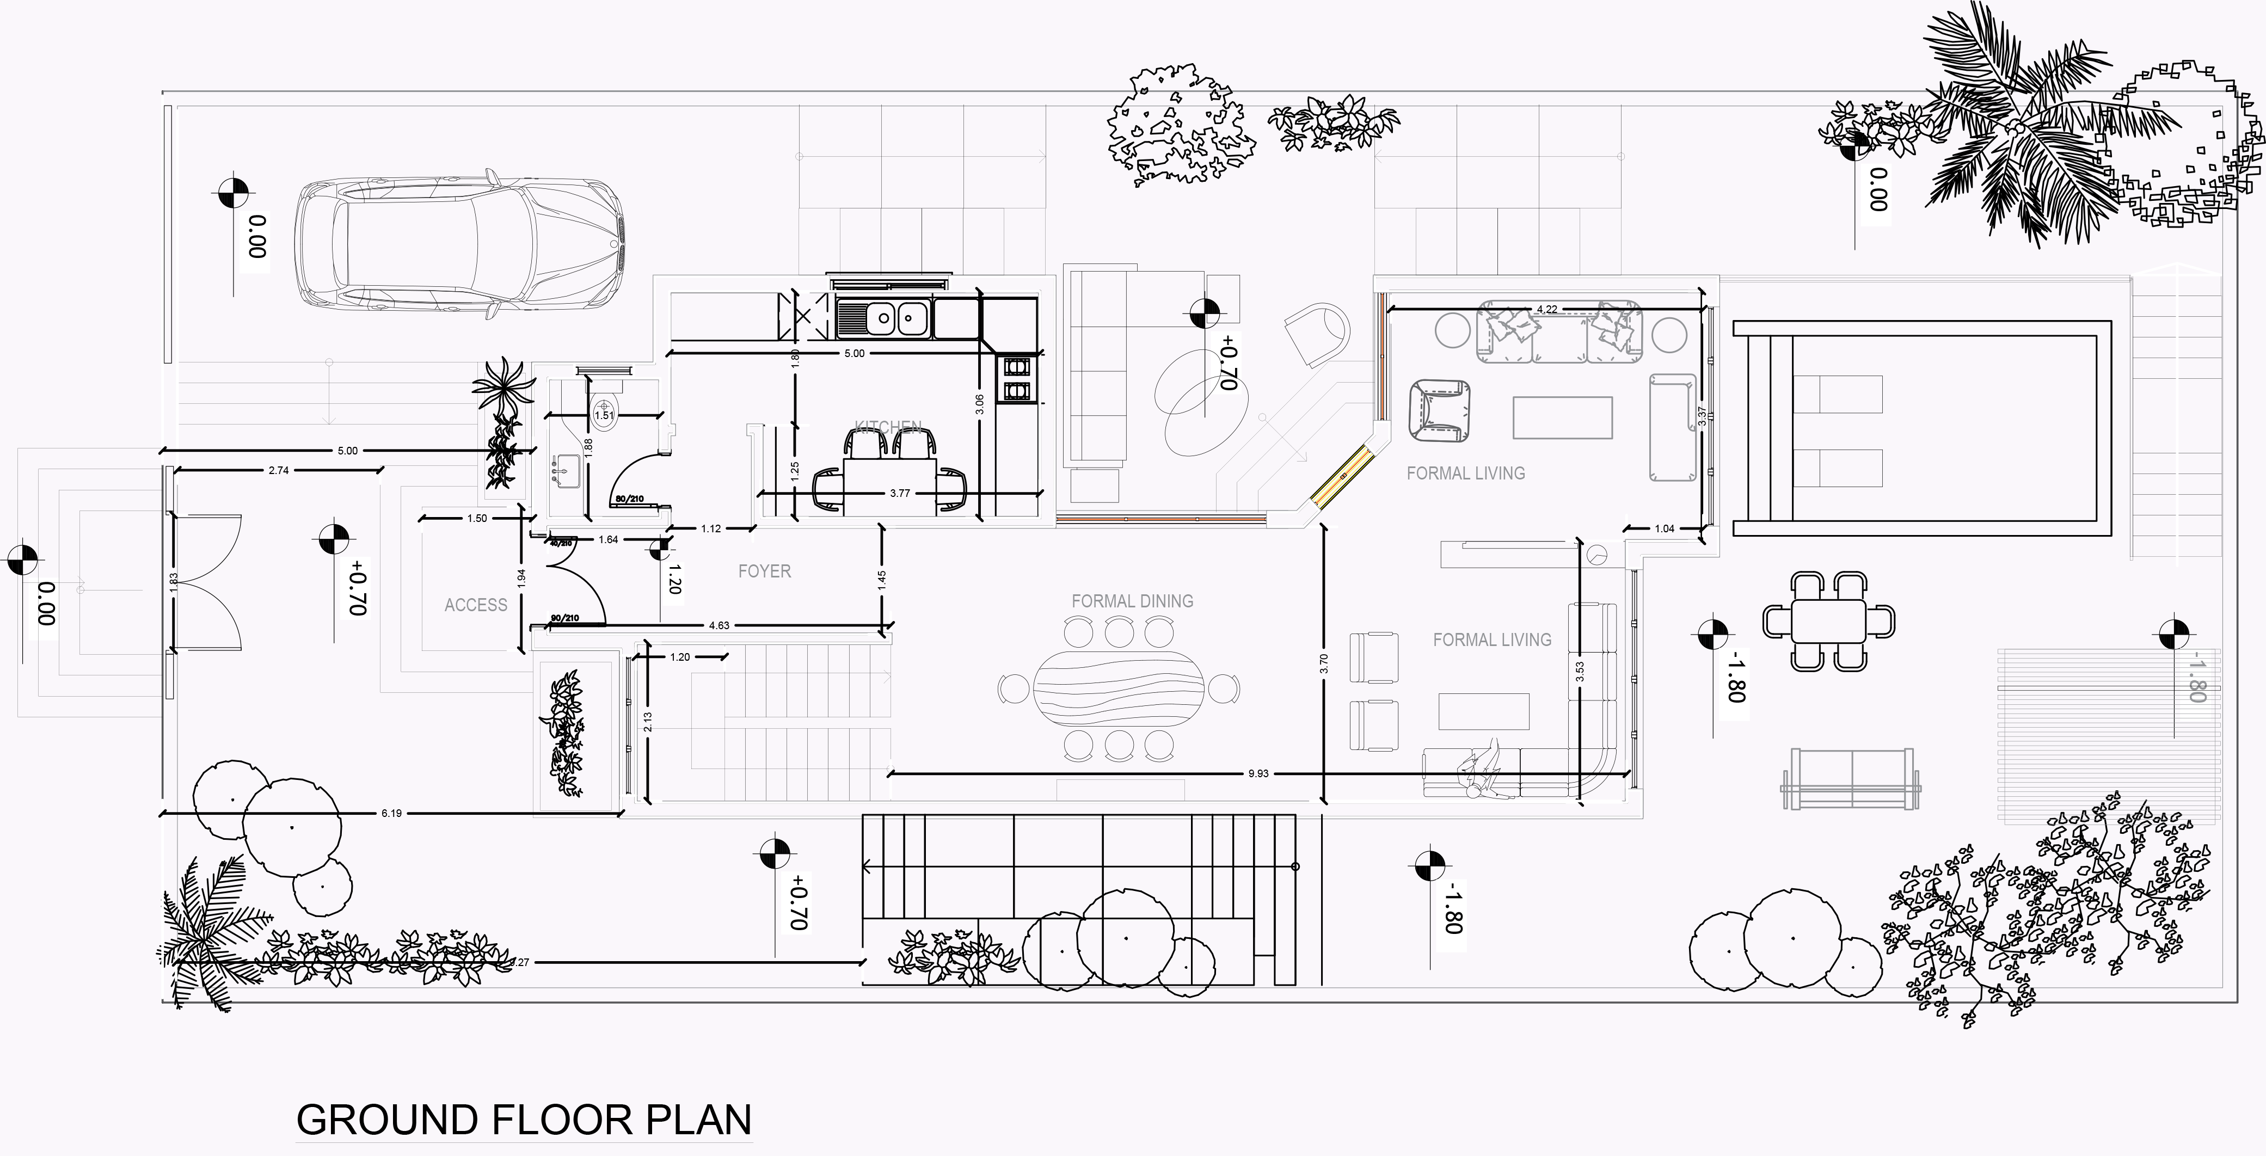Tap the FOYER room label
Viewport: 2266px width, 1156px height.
pyautogui.click(x=764, y=572)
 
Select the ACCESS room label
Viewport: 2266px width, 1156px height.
pyautogui.click(x=476, y=605)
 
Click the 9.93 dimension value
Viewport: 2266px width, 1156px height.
pyautogui.click(x=1258, y=774)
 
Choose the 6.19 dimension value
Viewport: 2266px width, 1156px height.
pyautogui.click(x=391, y=814)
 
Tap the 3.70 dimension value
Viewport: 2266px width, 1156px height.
pyautogui.click(x=1324, y=664)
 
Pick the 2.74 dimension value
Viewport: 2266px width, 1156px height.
pyautogui.click(x=278, y=471)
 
